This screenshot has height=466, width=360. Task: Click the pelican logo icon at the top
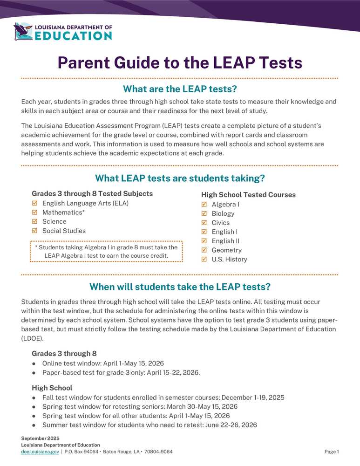coord(23,32)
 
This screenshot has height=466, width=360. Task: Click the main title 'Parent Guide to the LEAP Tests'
coord(180,62)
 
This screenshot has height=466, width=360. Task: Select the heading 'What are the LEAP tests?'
coord(180,89)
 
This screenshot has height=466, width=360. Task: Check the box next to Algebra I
coord(204,205)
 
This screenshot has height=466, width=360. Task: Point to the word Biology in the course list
coord(223,213)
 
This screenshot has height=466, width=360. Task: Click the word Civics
coord(221,223)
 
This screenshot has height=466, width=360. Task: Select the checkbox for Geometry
coord(204,250)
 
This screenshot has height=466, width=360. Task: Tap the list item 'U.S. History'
coord(229,260)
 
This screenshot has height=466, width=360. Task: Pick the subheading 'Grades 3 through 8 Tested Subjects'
coord(92,193)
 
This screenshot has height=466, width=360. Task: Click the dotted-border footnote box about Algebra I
coord(106,252)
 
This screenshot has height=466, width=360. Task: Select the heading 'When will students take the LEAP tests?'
coord(180,286)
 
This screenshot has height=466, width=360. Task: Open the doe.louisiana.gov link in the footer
coord(40,452)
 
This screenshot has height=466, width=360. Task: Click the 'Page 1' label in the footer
coord(332,452)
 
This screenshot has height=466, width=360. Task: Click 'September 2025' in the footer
coord(40,439)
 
